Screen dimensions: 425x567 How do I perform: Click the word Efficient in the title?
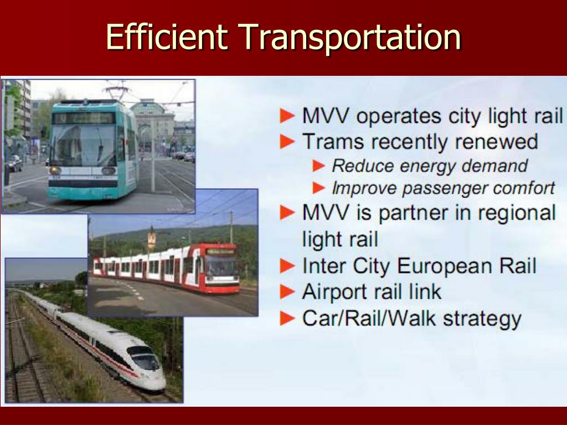click(166, 38)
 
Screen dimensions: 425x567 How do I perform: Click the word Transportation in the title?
click(350, 38)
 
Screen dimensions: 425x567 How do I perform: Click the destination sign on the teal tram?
click(83, 118)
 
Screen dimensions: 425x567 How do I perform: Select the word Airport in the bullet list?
click(336, 292)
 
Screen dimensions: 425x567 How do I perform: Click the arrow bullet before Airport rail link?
click(287, 292)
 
